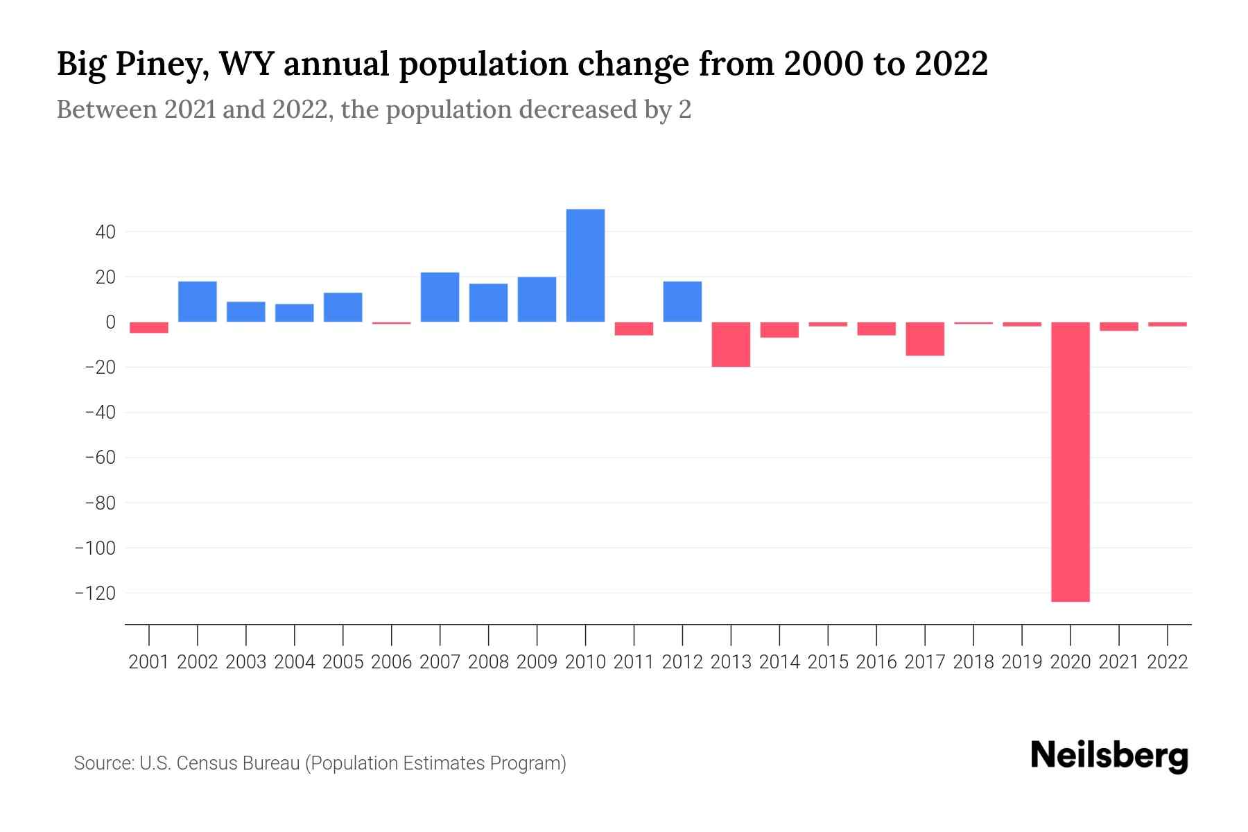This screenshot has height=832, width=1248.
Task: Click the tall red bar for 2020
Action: (1071, 462)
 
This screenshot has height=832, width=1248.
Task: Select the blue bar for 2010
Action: (585, 266)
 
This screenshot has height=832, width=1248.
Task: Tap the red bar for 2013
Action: (731, 344)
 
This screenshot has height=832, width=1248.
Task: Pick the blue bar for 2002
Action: (198, 302)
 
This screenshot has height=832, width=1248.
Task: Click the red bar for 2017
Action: (925, 338)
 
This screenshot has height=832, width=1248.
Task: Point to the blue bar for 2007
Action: (440, 297)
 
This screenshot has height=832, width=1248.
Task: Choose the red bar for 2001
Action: (149, 327)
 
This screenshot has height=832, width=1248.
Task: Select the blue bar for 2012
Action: (682, 302)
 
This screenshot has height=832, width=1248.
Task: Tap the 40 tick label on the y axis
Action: (105, 232)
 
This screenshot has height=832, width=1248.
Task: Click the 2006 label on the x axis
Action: (392, 662)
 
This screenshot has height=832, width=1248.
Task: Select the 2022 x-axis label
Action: (1168, 662)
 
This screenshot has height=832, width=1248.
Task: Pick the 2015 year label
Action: (828, 662)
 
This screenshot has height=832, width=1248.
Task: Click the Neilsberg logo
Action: (1109, 756)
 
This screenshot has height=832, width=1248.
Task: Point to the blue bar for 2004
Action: (295, 313)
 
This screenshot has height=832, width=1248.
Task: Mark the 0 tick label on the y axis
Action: (110, 322)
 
